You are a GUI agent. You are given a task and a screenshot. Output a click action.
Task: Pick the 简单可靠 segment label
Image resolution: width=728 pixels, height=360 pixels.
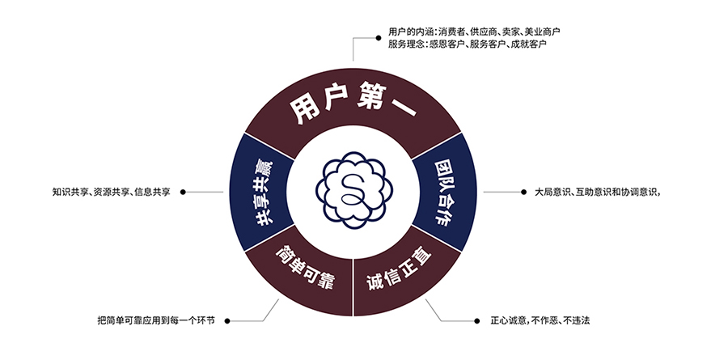click(x=306, y=268)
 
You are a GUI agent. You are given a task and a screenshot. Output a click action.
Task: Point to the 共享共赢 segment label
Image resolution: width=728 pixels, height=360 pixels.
click(x=262, y=193)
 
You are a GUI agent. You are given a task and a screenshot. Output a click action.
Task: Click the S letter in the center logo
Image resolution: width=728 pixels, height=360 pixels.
click(x=353, y=190)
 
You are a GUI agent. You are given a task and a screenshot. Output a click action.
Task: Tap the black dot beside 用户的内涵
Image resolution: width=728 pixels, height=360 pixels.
click(x=379, y=38)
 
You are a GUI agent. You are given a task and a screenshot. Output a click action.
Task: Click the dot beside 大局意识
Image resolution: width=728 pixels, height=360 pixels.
click(x=523, y=192)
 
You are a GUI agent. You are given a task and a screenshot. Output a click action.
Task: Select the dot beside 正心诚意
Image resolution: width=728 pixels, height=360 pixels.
click(x=476, y=320)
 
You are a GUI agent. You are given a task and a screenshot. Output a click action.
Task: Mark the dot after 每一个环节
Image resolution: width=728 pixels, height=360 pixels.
click(x=226, y=320)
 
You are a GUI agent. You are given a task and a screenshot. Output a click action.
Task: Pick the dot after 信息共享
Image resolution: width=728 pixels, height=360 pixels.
click(x=183, y=192)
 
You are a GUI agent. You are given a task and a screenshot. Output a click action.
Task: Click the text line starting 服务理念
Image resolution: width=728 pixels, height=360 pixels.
click(x=467, y=44)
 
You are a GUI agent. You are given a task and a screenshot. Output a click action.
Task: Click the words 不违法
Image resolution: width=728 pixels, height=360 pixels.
click(x=576, y=320)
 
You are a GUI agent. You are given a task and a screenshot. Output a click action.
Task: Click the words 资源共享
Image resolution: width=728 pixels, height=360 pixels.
click(x=111, y=192)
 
